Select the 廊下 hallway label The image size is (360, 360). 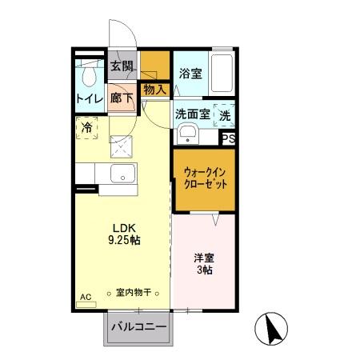click(x=122, y=99)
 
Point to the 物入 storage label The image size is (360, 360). click(x=155, y=90)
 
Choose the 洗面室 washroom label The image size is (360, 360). click(x=193, y=114)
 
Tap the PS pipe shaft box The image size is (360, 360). click(x=229, y=138)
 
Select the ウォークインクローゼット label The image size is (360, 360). click(x=204, y=176)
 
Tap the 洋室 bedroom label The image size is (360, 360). click(x=204, y=258)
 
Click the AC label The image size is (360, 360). click(x=86, y=297)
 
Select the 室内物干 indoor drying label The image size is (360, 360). click(x=134, y=294)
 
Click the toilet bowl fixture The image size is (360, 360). click(x=90, y=74)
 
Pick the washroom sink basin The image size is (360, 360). click(x=188, y=134)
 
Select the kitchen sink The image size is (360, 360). click(x=123, y=173)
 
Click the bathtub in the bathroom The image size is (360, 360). click(x=222, y=74)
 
